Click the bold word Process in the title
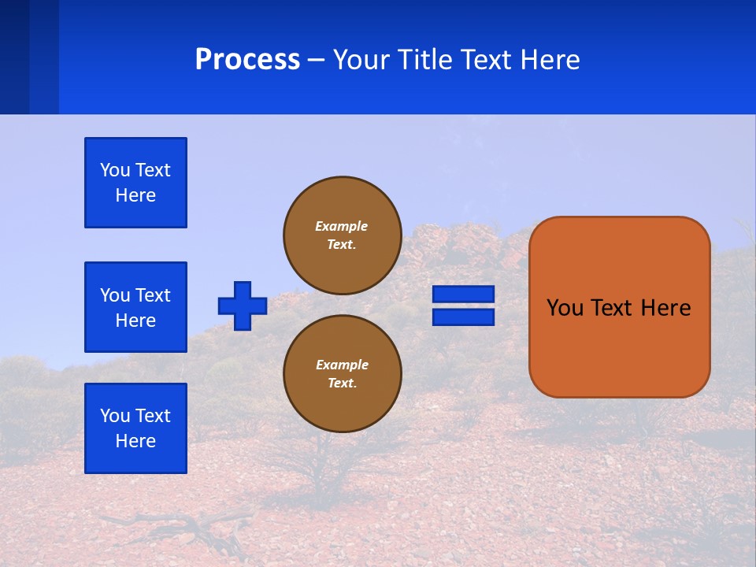click(247, 60)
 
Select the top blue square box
click(135, 183)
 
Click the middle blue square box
click(135, 307)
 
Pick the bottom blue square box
click(135, 428)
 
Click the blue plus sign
click(243, 306)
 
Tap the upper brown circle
click(342, 235)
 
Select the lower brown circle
click(342, 374)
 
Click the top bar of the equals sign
click(463, 295)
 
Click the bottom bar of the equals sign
click(463, 317)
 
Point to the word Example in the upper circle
click(342, 226)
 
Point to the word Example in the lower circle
click(342, 365)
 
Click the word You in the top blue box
click(114, 170)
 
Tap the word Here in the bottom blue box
click(135, 441)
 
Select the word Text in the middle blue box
click(153, 295)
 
